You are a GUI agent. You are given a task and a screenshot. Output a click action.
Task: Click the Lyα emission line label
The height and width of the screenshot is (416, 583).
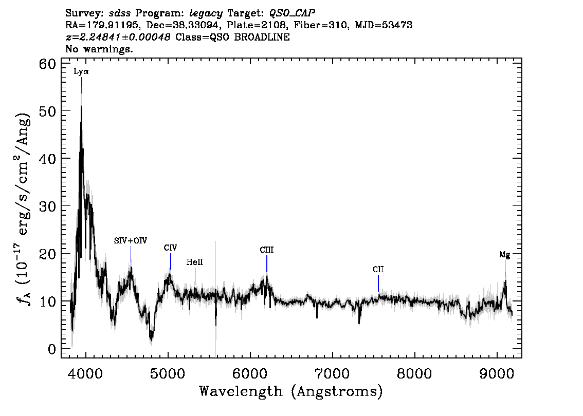coord(81,72)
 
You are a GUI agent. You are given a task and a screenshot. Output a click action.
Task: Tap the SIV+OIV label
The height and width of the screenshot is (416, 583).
coord(131,241)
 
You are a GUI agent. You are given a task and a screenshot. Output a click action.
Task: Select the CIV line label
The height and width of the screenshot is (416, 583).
coord(170,248)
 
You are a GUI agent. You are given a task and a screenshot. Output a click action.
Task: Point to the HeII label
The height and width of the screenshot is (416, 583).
coord(194,262)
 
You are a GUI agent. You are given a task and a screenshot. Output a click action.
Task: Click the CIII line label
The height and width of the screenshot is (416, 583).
coord(267,250)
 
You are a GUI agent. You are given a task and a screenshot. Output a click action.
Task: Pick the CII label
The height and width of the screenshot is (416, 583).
coord(378,269)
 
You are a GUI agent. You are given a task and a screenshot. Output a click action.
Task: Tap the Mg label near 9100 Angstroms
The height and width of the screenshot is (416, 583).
coord(504,255)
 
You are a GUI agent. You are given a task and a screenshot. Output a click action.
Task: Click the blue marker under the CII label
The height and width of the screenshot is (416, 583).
coord(378,283)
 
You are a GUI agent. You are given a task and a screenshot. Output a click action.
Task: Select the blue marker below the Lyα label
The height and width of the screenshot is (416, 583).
coord(81,85)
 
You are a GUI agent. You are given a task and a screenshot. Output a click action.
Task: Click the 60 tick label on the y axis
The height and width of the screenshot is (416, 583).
coord(48,64)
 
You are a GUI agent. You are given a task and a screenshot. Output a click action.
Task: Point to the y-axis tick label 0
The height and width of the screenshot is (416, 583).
coord(52,349)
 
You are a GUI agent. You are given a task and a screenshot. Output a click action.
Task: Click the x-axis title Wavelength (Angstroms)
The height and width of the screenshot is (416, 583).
coord(291,391)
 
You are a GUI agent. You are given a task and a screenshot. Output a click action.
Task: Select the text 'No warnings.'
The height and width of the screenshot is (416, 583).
coord(99,49)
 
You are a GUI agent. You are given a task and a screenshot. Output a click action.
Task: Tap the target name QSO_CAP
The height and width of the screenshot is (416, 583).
coord(292,13)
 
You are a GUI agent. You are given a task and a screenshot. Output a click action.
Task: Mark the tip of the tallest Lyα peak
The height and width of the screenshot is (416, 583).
coord(81,106)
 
